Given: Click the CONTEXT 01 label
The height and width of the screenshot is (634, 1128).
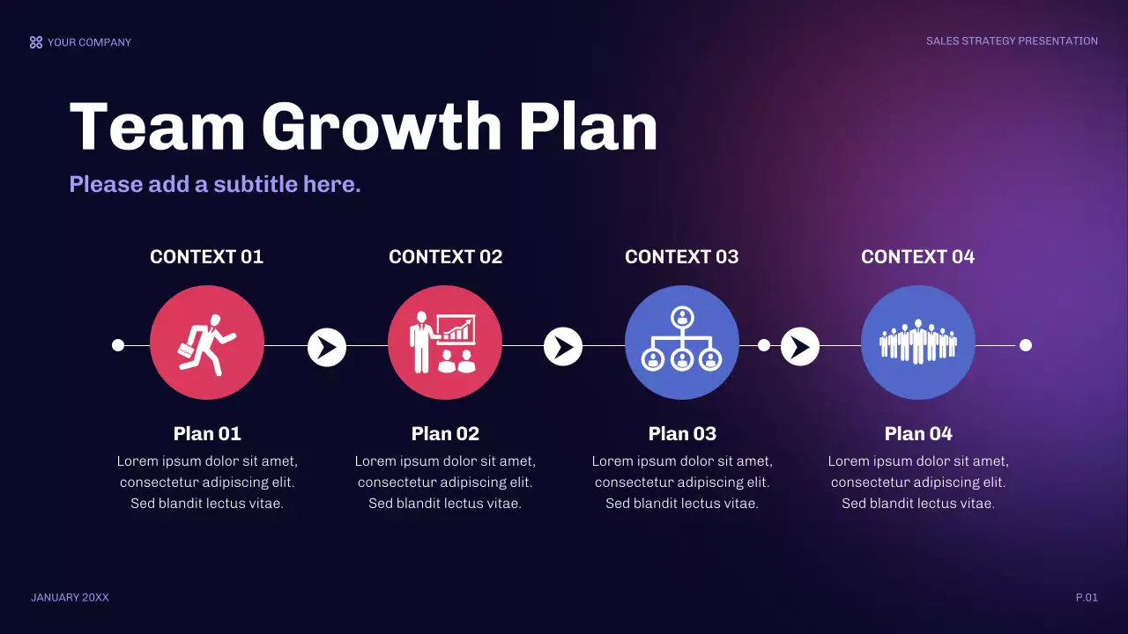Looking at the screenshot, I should tap(206, 257).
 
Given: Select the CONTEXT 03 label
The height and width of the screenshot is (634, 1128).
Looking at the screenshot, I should tap(681, 257).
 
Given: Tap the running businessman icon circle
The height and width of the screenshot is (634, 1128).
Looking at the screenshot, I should tap(207, 343).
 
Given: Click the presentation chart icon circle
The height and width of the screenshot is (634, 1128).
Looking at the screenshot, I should tap(445, 343).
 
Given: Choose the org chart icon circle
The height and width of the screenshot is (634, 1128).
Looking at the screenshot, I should tap(682, 343).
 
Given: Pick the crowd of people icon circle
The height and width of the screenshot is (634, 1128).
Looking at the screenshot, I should tap(918, 343).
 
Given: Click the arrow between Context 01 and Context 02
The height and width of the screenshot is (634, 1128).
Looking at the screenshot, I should tap(327, 347).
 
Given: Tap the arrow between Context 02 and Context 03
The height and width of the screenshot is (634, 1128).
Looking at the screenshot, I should tap(563, 347).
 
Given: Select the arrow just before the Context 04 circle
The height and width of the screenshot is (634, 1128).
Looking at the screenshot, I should tap(800, 347).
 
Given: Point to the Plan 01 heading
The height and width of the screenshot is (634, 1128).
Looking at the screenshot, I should tap(207, 433).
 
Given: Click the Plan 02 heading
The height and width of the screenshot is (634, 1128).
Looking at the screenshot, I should tap(445, 433).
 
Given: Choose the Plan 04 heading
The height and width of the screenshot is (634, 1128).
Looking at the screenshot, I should tap(918, 433).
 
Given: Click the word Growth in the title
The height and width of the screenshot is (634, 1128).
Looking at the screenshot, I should tap(381, 128).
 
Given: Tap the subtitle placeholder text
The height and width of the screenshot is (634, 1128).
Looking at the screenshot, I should tap(215, 184).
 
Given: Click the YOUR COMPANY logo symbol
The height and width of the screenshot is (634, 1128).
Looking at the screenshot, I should tap(36, 42).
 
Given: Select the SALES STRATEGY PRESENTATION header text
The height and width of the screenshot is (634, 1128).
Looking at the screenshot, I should tap(1012, 41).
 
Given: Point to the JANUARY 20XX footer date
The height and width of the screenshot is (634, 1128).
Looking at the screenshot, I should tap(70, 598).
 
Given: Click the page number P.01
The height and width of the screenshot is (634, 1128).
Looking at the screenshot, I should tap(1087, 598).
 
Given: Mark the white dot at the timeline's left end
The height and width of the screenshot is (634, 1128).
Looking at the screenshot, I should tap(118, 345).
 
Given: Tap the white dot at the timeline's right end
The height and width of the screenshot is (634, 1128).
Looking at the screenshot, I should tap(1026, 345).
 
